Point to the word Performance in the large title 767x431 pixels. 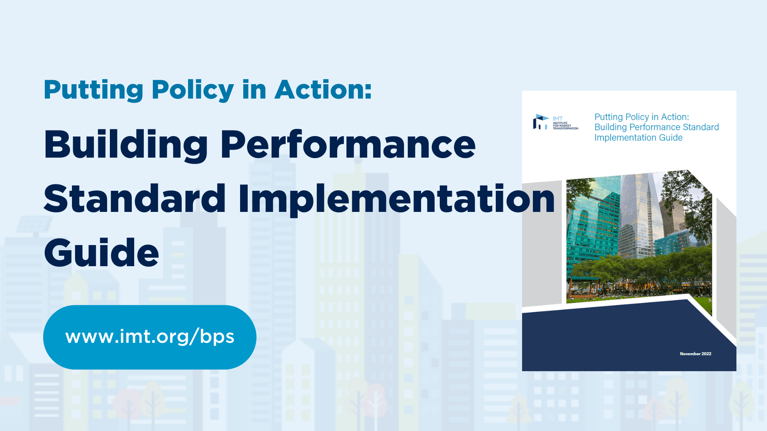(x=348, y=144)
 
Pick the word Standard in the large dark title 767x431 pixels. (x=135, y=198)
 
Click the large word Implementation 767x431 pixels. (x=397, y=198)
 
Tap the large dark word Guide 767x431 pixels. (x=101, y=253)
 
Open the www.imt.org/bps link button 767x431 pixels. (x=149, y=337)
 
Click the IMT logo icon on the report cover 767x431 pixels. (x=540, y=122)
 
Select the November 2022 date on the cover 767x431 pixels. (x=695, y=354)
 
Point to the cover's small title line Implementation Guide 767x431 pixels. (x=638, y=138)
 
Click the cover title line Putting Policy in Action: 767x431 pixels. (x=642, y=117)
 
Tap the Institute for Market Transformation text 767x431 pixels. (x=565, y=125)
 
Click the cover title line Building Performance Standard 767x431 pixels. (x=656, y=127)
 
